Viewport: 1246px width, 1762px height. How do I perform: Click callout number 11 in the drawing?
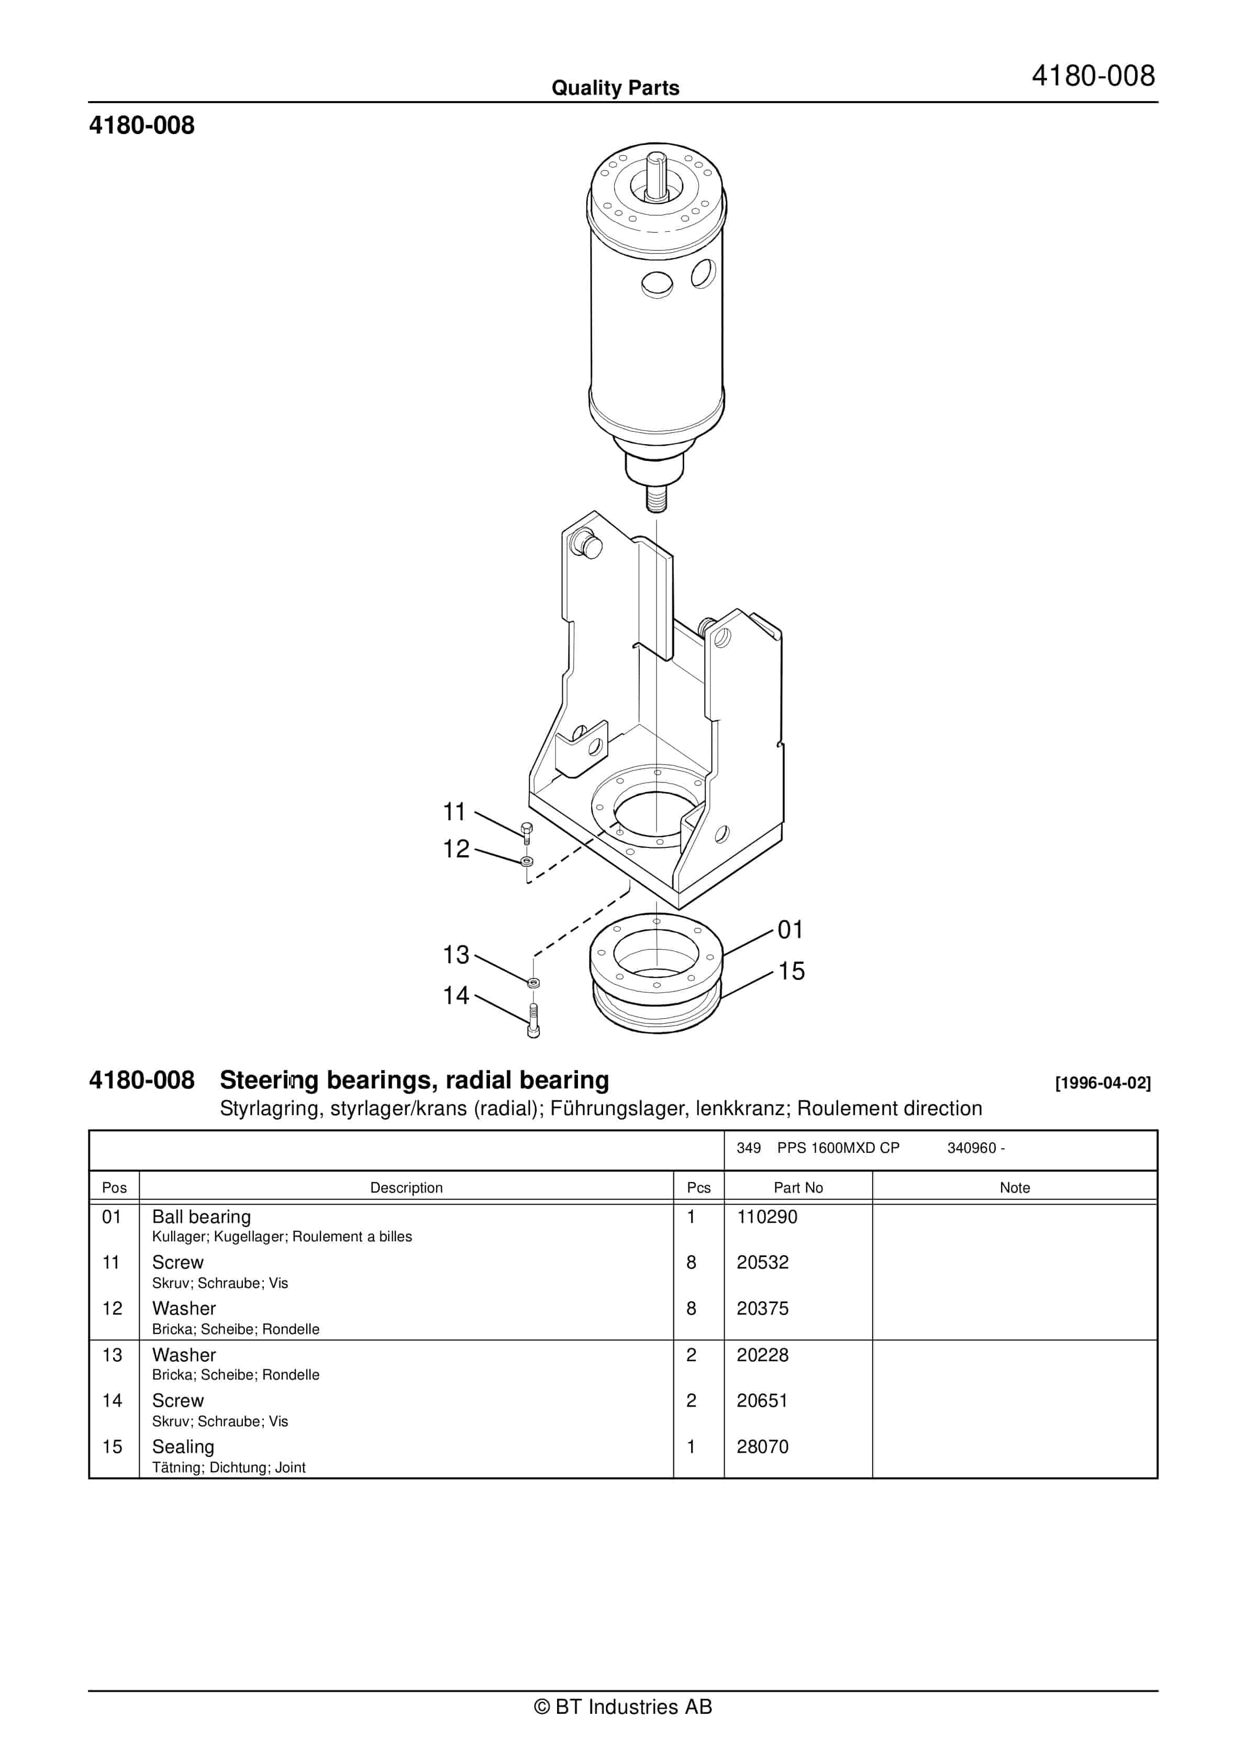tap(454, 812)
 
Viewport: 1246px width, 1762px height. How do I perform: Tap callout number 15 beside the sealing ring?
tap(791, 972)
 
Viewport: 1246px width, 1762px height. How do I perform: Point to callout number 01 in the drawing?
tap(790, 930)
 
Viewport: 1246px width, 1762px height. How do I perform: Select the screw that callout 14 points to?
tap(533, 1021)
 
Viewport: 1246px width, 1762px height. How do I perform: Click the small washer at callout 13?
tap(534, 983)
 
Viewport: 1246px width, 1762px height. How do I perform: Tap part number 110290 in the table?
tap(766, 1217)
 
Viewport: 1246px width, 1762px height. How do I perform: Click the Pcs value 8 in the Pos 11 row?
tap(691, 1263)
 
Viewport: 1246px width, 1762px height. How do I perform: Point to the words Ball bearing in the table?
tap(201, 1217)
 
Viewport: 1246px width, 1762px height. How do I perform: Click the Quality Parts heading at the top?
tap(615, 88)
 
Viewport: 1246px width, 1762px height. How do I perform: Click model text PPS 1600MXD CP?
tap(838, 1148)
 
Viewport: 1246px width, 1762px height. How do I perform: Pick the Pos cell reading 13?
tap(112, 1355)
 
